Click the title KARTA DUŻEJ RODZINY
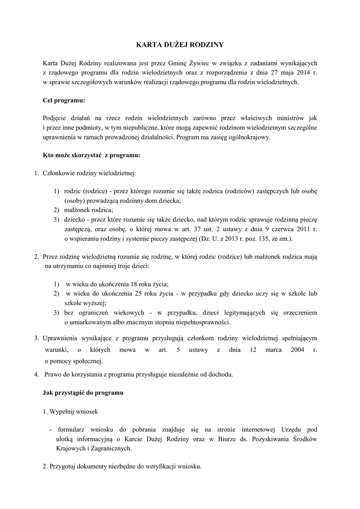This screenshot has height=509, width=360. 180,45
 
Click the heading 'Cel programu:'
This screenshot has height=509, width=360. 64,100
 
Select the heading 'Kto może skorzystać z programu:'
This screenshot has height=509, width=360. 92,155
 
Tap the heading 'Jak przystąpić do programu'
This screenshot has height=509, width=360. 83,393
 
